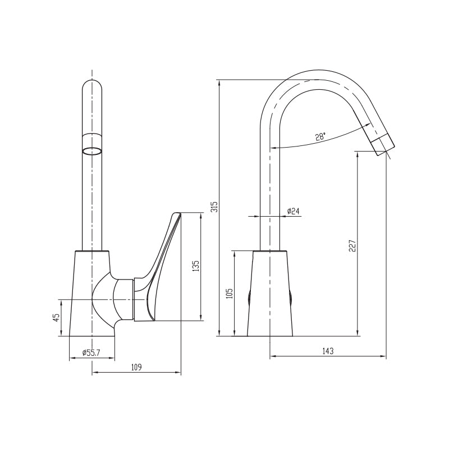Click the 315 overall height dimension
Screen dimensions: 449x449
[x=214, y=207]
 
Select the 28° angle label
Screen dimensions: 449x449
[x=320, y=137]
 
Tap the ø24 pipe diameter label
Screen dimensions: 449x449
[x=293, y=211]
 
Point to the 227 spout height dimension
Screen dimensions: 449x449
[x=352, y=246]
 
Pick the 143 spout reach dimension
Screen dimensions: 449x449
[x=328, y=351]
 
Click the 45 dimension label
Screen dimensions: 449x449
[x=56, y=317]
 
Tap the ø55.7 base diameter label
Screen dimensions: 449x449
[x=90, y=352]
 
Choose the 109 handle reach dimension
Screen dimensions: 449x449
[x=136, y=367]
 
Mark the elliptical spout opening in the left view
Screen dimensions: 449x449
[x=92, y=150]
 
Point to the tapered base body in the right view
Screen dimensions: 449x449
[x=270, y=295]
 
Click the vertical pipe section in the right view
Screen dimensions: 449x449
[x=270, y=191]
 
